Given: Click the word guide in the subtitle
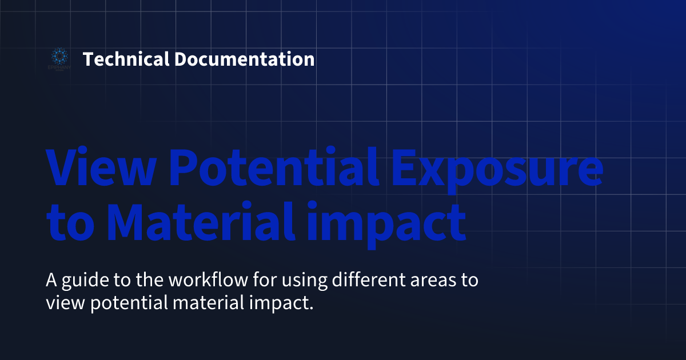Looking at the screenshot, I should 79,282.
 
